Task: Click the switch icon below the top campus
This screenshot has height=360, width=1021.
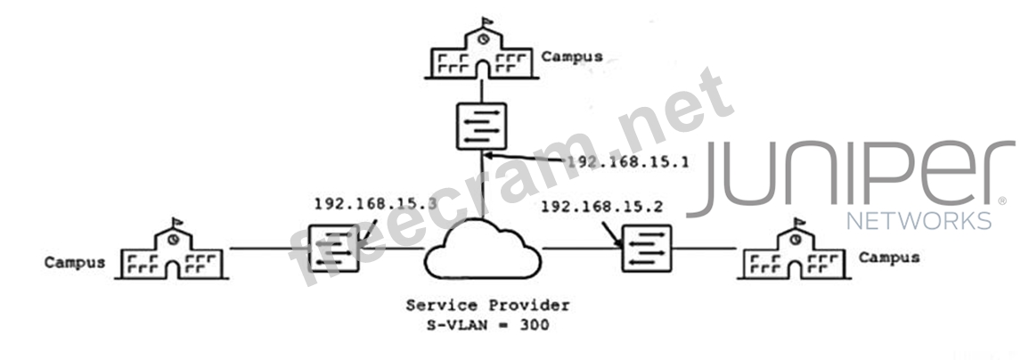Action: pyautogui.click(x=481, y=127)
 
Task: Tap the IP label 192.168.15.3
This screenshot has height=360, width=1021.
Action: pyautogui.click(x=375, y=203)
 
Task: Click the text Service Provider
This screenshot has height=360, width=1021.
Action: pyautogui.click(x=487, y=306)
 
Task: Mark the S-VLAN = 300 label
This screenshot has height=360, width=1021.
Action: pyautogui.click(x=487, y=325)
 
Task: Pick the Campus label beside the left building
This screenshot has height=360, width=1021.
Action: pyautogui.click(x=75, y=263)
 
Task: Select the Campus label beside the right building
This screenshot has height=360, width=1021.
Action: pyautogui.click(x=889, y=258)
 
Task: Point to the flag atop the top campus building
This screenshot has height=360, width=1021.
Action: pyautogui.click(x=486, y=20)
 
